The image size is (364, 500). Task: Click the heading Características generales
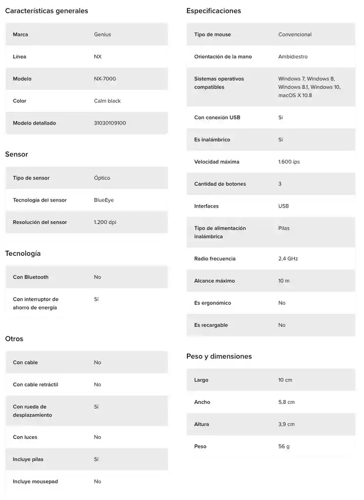pyautogui.click(x=46, y=11)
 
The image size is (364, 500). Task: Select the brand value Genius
pyautogui.click(x=102, y=35)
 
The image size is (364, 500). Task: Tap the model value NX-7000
pyautogui.click(x=105, y=79)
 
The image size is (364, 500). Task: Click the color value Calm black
pyautogui.click(x=107, y=101)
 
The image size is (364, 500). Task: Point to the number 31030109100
pyautogui.click(x=110, y=123)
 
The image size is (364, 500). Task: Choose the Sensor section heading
pyautogui.click(x=17, y=154)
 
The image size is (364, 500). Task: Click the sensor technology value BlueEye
pyautogui.click(x=104, y=200)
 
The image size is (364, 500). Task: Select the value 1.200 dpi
pyautogui.click(x=105, y=222)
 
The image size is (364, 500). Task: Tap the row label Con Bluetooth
pyautogui.click(x=31, y=277)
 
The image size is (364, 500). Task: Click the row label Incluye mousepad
pyautogui.click(x=35, y=481)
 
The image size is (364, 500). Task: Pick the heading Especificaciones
pyautogui.click(x=214, y=11)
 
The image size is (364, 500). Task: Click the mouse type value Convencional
pyautogui.click(x=295, y=35)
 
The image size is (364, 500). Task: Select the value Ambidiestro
pyautogui.click(x=293, y=57)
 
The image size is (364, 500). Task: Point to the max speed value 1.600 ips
pyautogui.click(x=289, y=162)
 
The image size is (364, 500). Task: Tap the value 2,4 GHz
pyautogui.click(x=288, y=259)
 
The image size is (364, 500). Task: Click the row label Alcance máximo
pyautogui.click(x=214, y=281)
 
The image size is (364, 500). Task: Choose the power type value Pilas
pyautogui.click(x=284, y=228)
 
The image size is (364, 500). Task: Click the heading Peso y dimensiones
pyautogui.click(x=219, y=356)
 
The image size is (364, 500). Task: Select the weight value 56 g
pyautogui.click(x=284, y=446)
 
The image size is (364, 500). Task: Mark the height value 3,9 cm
pyautogui.click(x=286, y=424)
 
